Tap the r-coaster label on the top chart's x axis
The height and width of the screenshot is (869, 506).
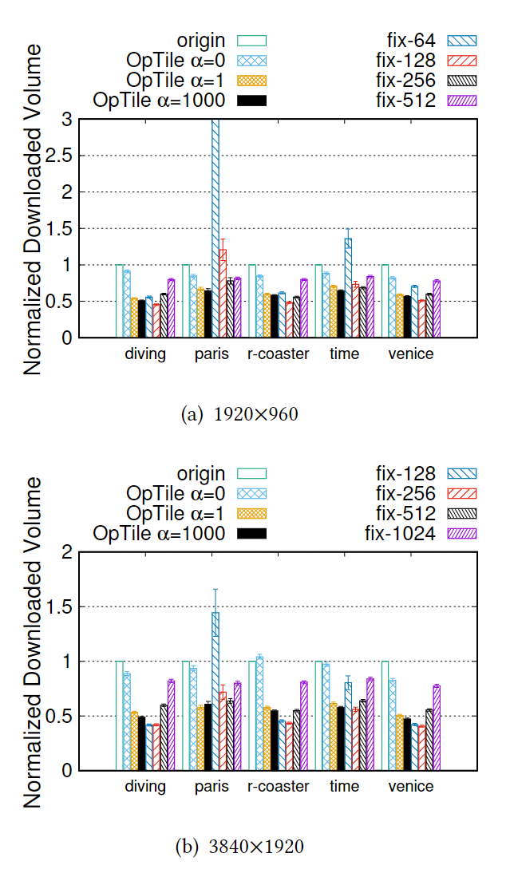278,354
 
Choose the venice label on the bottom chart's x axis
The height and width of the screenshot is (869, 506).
411,786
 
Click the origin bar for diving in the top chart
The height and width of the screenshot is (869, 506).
120,301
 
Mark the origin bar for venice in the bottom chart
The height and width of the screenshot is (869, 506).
385,716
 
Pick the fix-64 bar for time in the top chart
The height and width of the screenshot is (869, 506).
347,288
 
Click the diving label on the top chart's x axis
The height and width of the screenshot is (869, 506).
145,354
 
